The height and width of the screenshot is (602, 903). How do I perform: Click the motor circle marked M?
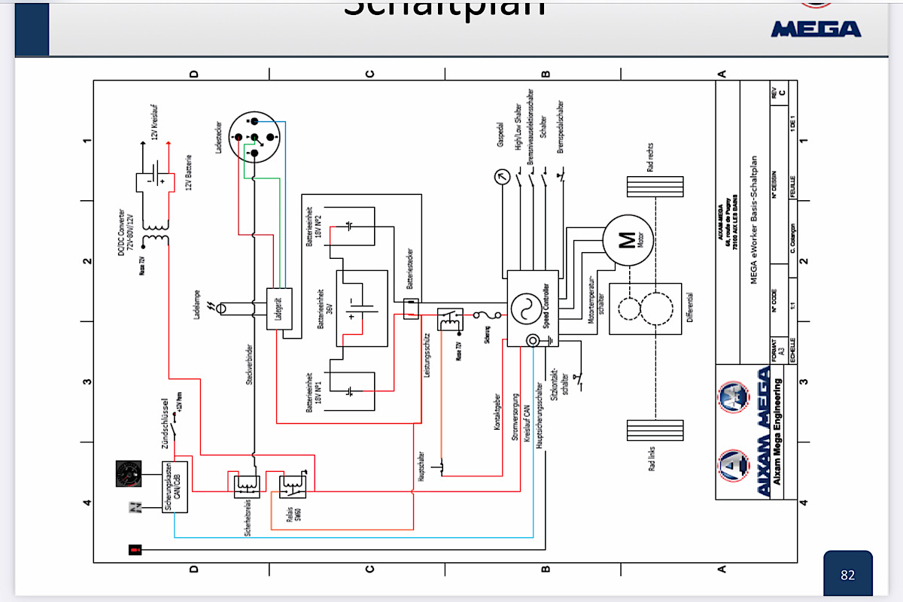coord(627,240)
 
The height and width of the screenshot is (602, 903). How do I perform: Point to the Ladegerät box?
coord(279,309)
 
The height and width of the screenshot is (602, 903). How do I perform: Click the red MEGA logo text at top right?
coord(816,29)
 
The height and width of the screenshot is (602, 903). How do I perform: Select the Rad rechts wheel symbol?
coord(655,187)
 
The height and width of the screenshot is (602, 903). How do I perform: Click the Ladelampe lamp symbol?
coord(220,309)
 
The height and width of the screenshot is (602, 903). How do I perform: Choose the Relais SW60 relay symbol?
coord(292,485)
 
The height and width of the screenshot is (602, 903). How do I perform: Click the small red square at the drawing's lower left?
coord(135,550)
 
